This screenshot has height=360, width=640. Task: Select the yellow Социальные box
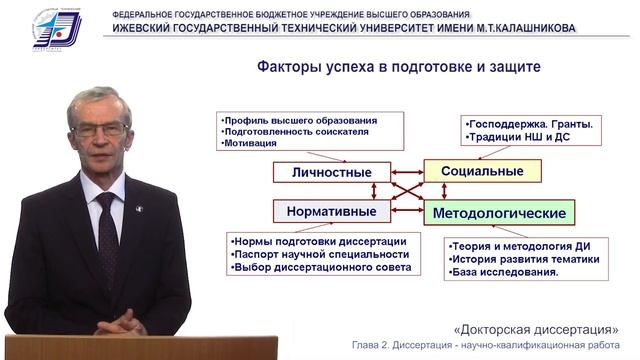(482, 170)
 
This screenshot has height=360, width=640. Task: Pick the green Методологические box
(499, 213)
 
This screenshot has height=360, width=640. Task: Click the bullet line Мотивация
(250, 144)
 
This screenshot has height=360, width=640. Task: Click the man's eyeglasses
(100, 129)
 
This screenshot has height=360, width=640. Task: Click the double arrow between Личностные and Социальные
(399, 171)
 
